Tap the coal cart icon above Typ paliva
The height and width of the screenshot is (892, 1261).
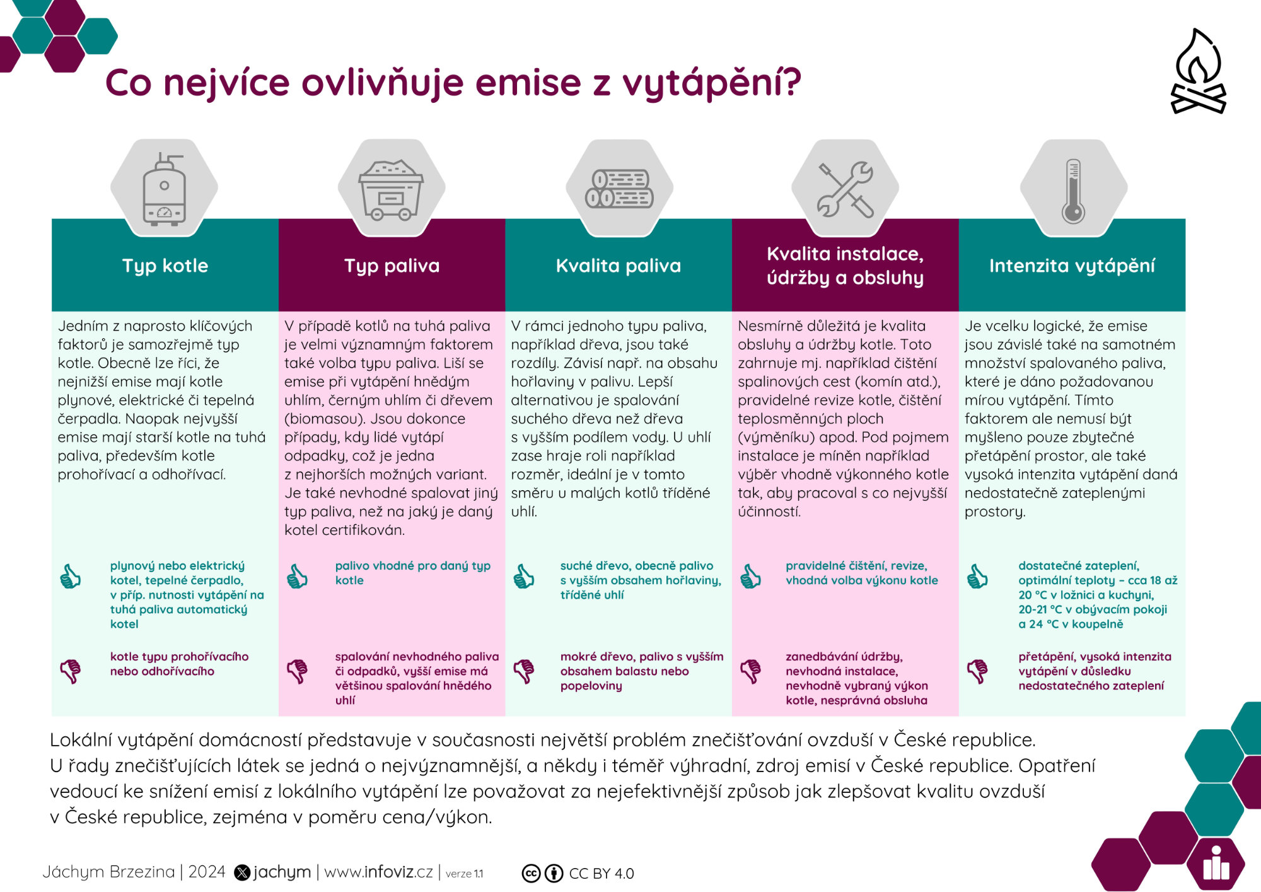[391, 190]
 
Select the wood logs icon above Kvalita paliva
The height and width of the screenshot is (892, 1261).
[619, 189]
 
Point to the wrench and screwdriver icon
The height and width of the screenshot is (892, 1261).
[846, 189]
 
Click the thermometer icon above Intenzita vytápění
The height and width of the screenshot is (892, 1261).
[1073, 191]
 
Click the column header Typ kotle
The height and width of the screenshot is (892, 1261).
[165, 266]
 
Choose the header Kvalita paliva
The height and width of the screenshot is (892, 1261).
[619, 266]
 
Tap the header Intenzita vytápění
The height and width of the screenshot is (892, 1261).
[1072, 266]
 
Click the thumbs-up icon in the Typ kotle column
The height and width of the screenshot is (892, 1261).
[70, 577]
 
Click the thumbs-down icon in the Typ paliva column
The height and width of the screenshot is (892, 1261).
[297, 671]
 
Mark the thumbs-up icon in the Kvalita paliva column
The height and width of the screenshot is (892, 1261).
[523, 577]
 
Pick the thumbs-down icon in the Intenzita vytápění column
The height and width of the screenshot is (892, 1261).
[977, 671]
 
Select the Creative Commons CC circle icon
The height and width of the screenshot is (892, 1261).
[532, 873]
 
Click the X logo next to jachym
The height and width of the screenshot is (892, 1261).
[242, 872]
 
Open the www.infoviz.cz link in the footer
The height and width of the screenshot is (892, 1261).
[378, 872]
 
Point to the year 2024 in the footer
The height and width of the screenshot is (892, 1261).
[207, 872]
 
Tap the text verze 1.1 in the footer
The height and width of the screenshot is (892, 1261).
[464, 874]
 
